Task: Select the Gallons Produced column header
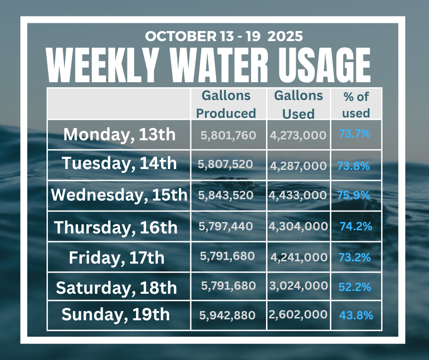[x=226, y=104]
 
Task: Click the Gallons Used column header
[x=298, y=105]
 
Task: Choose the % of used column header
[x=356, y=105]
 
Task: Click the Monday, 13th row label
[x=119, y=134]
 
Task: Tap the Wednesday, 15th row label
[x=119, y=195]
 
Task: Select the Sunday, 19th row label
[x=115, y=314]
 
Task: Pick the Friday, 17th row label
[x=116, y=258]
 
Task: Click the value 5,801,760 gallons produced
[x=228, y=135]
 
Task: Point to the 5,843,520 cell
[x=225, y=195]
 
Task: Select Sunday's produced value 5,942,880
[x=227, y=315]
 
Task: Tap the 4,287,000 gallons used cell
[x=298, y=165]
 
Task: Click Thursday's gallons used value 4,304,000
[x=299, y=226]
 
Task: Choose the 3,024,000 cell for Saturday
[x=299, y=286]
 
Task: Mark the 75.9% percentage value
[x=353, y=195]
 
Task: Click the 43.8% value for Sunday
[x=356, y=315]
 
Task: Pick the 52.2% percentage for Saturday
[x=355, y=287]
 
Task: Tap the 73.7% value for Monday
[x=354, y=134]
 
